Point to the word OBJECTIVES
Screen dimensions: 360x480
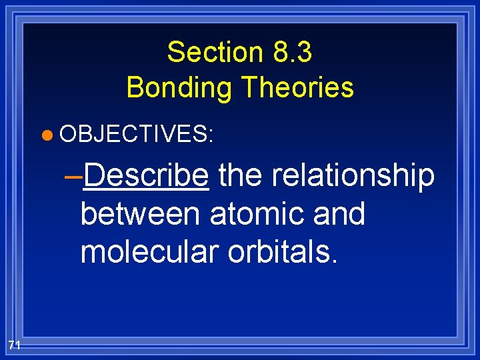coord(133,135)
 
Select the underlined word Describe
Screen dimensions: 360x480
coord(147,176)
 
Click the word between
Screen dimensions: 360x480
coord(140,214)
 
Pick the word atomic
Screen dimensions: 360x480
coord(252,214)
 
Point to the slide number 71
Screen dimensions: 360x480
coord(15,344)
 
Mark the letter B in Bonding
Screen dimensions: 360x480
coord(135,87)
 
